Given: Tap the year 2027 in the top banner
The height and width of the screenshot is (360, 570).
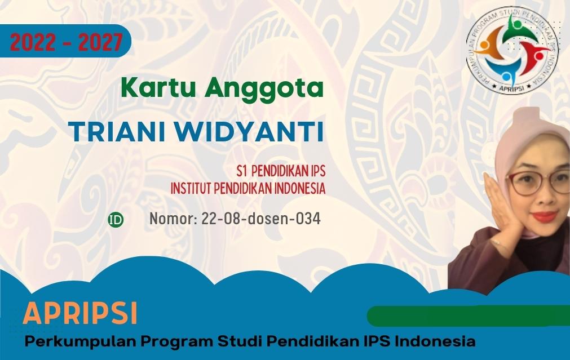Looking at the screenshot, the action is click(100, 42).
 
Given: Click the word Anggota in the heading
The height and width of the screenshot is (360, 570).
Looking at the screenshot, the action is click(264, 89).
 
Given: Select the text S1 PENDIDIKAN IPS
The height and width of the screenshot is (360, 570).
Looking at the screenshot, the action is click(281, 171).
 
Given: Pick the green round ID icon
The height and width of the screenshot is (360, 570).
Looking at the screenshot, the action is click(116, 220).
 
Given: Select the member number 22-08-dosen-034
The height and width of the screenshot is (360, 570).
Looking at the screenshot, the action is click(260, 219).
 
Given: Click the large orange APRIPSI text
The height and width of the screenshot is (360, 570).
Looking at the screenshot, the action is click(80, 313).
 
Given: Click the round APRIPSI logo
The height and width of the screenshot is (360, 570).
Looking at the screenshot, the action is click(512, 51).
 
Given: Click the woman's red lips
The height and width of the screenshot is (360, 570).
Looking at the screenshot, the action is click(545, 216).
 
